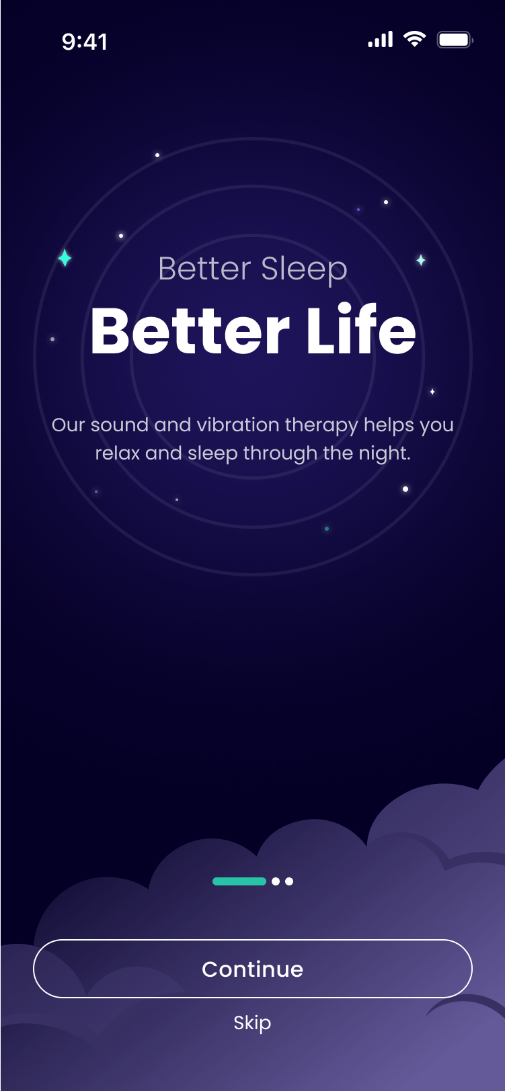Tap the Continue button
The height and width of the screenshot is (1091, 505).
[x=253, y=969]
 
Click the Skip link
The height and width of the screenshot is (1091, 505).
[x=253, y=1022]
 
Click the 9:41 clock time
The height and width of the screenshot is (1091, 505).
[x=84, y=42]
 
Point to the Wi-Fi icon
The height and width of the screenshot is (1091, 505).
[x=414, y=39]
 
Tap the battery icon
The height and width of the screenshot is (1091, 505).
[x=455, y=40]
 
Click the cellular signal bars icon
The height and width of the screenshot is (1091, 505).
[x=380, y=40]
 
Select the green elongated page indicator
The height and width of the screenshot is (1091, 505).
[x=239, y=881]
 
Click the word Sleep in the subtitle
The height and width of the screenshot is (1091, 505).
[x=304, y=269]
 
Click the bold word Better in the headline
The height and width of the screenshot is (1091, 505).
[x=190, y=331]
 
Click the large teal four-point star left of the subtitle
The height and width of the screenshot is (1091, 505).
[x=65, y=258]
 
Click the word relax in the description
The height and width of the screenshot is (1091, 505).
[x=118, y=453]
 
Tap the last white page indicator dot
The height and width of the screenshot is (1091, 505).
[x=289, y=881]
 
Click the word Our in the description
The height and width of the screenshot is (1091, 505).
[x=69, y=425]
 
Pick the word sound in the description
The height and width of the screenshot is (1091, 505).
[x=120, y=425]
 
